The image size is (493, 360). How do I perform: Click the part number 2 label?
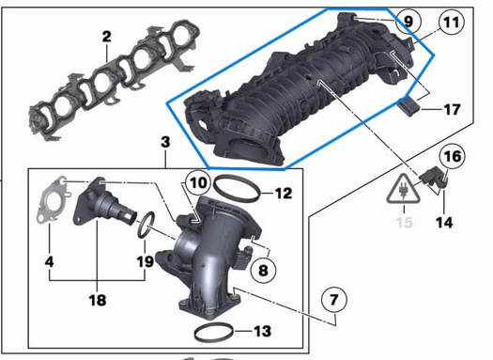[106, 37]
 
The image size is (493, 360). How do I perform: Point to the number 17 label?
[452, 109]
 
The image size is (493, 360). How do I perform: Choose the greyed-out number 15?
[405, 223]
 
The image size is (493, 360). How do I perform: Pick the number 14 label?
[444, 223]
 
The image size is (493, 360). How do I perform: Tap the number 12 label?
[285, 195]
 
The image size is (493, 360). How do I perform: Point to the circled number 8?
[263, 270]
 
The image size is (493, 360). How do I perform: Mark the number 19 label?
[143, 261]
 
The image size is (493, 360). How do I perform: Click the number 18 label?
[98, 300]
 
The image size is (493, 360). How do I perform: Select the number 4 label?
[50, 261]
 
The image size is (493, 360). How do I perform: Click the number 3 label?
[164, 142]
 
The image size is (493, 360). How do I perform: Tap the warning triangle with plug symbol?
[405, 188]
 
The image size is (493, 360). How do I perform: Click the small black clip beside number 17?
[410, 106]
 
